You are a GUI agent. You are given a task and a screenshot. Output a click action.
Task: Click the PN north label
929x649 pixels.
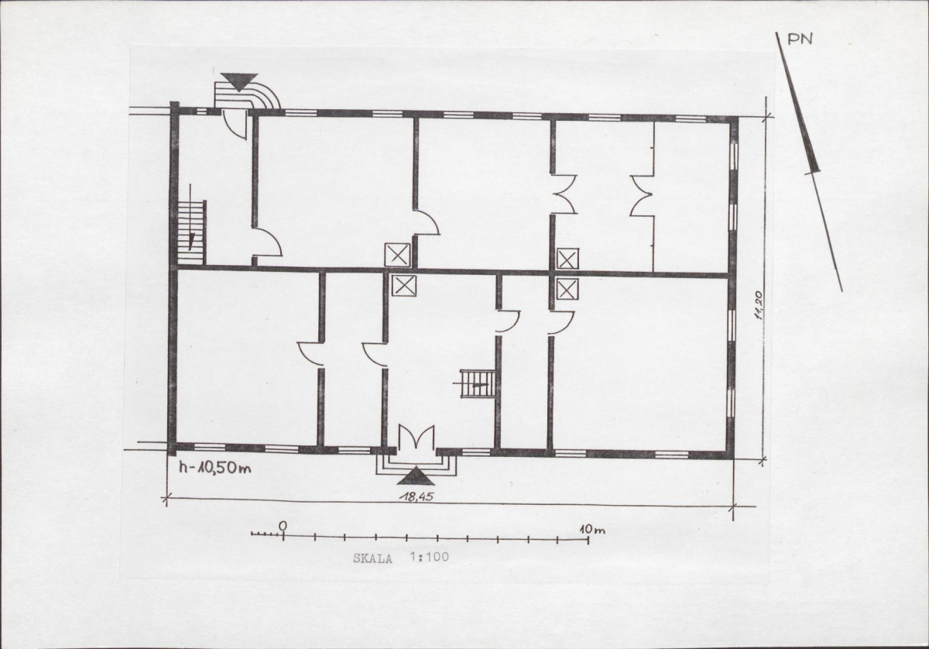pos(800,39)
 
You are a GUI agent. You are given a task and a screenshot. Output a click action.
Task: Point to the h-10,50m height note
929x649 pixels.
pos(215,468)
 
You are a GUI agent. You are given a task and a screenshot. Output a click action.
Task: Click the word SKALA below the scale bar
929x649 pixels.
pos(372,558)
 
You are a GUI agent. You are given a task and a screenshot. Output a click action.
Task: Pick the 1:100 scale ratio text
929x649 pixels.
pos(429,557)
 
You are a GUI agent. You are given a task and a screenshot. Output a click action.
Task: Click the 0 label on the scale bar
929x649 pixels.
pos(283,526)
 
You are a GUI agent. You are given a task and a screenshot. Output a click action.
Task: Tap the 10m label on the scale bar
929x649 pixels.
pos(592,530)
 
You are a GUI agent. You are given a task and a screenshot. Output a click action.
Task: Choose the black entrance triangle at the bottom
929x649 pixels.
pos(416,476)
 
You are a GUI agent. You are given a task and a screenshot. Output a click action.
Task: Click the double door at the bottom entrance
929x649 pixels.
pos(416,438)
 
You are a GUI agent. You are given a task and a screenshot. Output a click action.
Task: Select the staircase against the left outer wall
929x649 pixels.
pos(192,232)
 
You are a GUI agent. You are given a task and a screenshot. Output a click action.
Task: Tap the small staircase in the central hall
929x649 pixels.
pos(478,384)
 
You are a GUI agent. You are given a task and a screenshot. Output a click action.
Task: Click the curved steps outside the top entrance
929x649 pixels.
pos(247,96)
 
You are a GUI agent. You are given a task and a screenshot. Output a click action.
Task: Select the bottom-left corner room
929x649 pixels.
pos(248,358)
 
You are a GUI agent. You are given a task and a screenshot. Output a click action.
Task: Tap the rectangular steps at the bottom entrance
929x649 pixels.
pos(416,465)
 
